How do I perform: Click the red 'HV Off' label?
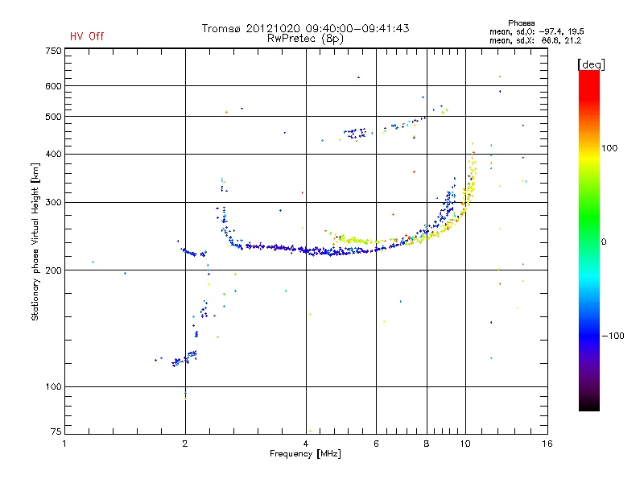coord(87,36)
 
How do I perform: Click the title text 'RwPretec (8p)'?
coord(305,39)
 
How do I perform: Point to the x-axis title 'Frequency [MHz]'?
coord(305,454)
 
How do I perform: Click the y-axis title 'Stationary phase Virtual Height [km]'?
coord(35,242)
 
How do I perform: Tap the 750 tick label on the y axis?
coord(53,51)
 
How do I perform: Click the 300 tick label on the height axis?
coord(53,202)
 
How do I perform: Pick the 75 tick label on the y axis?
coord(56,431)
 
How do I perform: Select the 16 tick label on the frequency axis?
coord(547,444)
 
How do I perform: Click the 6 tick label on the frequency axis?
coord(376,444)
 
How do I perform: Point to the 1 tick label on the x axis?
coord(64,444)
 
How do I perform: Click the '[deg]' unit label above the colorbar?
coord(591,64)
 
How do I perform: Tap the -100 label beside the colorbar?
coord(613,336)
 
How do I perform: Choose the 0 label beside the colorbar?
coord(604,242)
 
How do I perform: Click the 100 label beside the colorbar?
coord(609,148)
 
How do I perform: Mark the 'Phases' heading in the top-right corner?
coord(521,23)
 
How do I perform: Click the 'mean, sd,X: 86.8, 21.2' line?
coord(535,41)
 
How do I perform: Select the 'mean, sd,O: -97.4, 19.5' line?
coord(537,32)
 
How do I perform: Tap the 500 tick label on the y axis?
coord(53,117)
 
